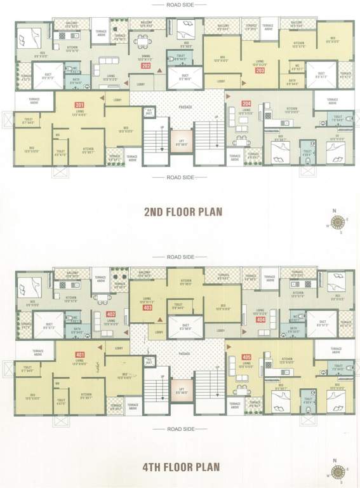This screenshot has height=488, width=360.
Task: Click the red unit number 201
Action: pyautogui.click(x=79, y=104)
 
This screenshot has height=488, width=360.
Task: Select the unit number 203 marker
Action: pyautogui.click(x=260, y=71)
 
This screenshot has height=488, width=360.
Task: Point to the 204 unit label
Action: pyautogui.click(x=246, y=104)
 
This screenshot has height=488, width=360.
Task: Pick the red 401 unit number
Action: pyautogui.click(x=79, y=355)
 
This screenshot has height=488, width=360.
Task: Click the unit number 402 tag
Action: pyautogui.click(x=110, y=315)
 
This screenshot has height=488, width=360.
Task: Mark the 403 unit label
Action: pyautogui.click(x=147, y=308)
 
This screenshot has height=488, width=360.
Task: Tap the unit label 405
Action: pyautogui.click(x=246, y=357)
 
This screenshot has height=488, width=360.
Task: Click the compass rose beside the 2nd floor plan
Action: pyautogui.click(x=338, y=222)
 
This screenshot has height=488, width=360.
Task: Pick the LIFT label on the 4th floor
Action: pyautogui.click(x=181, y=389)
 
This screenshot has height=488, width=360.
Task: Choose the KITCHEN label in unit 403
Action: pyautogui.click(x=186, y=280)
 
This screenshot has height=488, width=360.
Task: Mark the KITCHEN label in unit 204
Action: pyautogui.click(x=291, y=109)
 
